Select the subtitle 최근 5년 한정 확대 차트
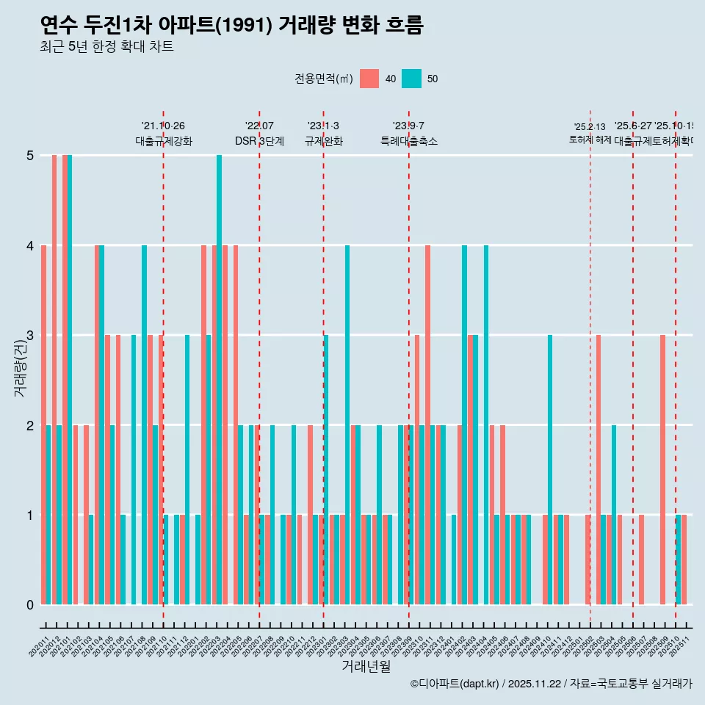106,47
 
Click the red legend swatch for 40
369,79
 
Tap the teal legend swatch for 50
411,79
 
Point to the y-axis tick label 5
30,156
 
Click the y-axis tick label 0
30,605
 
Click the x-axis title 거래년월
366,666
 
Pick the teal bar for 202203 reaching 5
219,380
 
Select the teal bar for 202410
550,470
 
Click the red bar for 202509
662,470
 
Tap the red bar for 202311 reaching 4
427,424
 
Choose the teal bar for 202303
347,424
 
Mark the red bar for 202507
641,560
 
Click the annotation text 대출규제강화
163,141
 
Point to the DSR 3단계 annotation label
259,141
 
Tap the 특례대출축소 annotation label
408,141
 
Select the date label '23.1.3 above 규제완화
323,126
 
